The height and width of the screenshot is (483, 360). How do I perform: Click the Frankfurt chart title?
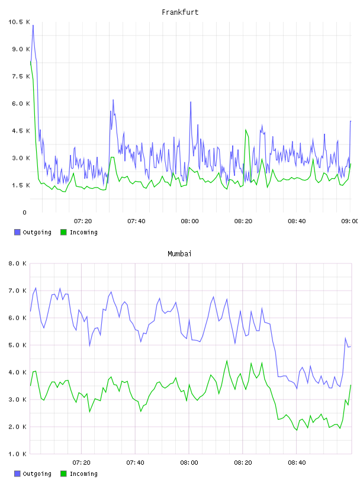click(180, 12)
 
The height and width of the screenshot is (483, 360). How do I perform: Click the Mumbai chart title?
click(179, 254)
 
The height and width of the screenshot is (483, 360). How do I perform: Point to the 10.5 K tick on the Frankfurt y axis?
click(19, 22)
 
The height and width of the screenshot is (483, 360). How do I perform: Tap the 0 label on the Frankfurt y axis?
click(25, 212)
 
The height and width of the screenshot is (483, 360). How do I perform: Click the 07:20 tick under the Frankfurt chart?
click(83, 221)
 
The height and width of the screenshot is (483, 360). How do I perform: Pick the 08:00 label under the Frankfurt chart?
click(190, 221)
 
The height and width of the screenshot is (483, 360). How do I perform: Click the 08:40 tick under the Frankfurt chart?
click(297, 221)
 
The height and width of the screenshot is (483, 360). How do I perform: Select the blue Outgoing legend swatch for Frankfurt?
click(17, 232)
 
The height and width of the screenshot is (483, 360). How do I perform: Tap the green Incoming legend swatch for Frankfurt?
click(63, 232)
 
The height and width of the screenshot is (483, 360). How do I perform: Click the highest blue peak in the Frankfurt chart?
click(33, 25)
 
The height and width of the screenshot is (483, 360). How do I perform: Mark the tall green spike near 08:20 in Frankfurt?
click(246, 130)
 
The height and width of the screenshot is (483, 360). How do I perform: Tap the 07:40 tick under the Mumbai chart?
click(136, 463)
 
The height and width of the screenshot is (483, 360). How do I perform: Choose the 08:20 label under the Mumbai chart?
click(243, 463)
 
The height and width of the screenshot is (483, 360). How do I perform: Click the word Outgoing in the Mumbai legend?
click(37, 474)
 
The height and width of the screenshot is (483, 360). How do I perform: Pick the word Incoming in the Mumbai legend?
click(83, 474)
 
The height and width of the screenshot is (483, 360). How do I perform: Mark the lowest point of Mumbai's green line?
click(297, 430)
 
